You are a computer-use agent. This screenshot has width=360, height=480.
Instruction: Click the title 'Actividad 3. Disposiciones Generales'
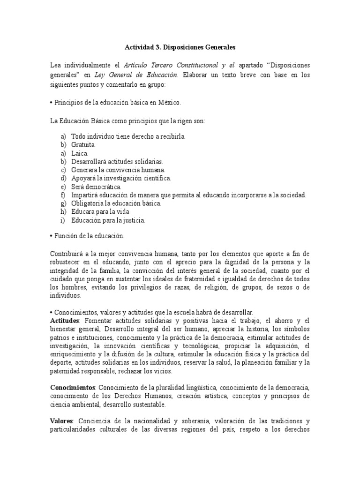tap(180, 47)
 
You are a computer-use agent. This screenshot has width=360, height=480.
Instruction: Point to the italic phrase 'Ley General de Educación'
tap(136, 75)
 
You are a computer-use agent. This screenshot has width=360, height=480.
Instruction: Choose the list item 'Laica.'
tap(79, 153)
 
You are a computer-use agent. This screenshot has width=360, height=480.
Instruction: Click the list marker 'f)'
tap(63, 195)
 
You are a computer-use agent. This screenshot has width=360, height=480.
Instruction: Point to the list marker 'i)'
tap(63, 220)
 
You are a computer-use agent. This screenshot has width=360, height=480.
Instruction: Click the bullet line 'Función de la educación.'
tap(90, 236)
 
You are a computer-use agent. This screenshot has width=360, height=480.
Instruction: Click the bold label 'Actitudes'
tap(65, 321)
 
